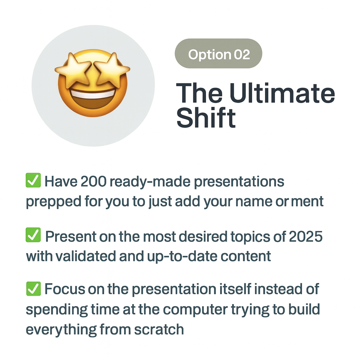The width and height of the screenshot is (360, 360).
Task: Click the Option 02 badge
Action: tap(218, 53)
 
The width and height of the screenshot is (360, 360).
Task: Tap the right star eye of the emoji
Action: tap(112, 70)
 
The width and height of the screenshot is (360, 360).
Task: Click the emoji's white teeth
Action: tap(93, 94)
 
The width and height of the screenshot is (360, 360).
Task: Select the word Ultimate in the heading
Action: tap(282, 93)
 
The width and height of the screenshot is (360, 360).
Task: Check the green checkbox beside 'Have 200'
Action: tap(33, 180)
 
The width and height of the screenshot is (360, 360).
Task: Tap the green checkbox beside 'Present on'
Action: tap(33, 235)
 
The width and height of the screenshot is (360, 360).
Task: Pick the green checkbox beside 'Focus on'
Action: tap(33, 289)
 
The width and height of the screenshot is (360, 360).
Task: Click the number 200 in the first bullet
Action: tap(94, 182)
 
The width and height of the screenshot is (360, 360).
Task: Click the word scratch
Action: tap(159, 329)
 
